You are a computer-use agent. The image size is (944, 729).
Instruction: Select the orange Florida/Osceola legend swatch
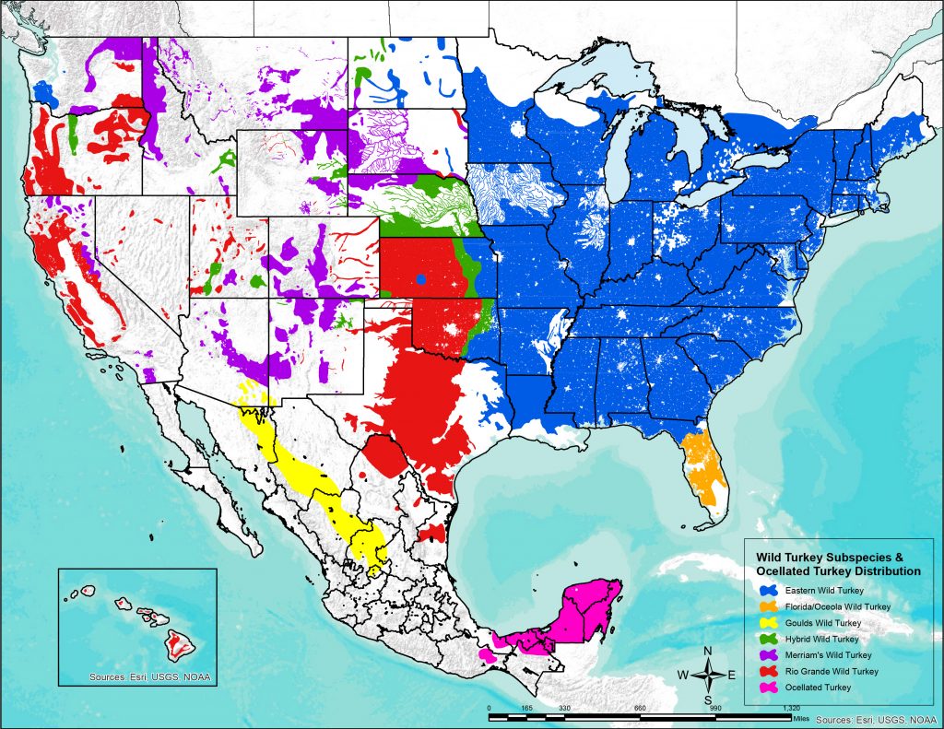[765, 606]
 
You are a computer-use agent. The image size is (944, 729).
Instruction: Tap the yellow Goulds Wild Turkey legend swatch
[765, 622]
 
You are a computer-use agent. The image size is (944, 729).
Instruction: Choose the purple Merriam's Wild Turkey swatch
[765, 654]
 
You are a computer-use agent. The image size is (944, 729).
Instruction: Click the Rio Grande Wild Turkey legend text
[826, 670]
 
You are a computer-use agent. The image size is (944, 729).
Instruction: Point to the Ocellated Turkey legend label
[810, 686]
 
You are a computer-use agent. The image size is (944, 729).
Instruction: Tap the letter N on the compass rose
[707, 652]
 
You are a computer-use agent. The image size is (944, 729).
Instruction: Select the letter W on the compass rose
[684, 675]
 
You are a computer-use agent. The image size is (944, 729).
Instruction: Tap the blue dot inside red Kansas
[420, 278]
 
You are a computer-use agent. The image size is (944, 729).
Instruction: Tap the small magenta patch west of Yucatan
[486, 655]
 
